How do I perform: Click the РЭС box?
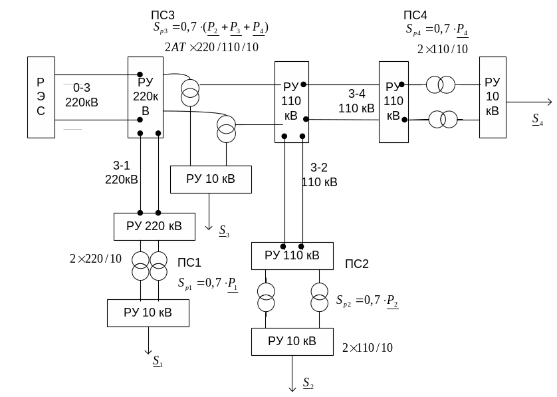pos(41,97)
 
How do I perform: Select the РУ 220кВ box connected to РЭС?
pos(146,97)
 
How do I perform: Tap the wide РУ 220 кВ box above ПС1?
pos(154,227)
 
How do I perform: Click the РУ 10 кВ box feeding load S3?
pos(211,179)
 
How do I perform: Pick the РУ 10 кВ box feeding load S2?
pos(292,342)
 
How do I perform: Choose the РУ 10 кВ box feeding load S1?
pos(148,313)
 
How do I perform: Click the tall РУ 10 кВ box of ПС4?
pos(492,97)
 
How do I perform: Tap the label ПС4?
pos(416,15)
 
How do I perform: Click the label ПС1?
pos(189,263)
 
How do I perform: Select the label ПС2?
pos(357,264)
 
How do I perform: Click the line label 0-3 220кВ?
pos(81,95)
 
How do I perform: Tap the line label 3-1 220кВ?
pos(122,173)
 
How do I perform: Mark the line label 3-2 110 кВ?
pos(319,175)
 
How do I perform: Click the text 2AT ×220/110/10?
pos(211,47)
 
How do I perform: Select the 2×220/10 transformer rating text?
pos(96,259)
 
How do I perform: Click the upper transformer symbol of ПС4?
pos(441,84)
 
